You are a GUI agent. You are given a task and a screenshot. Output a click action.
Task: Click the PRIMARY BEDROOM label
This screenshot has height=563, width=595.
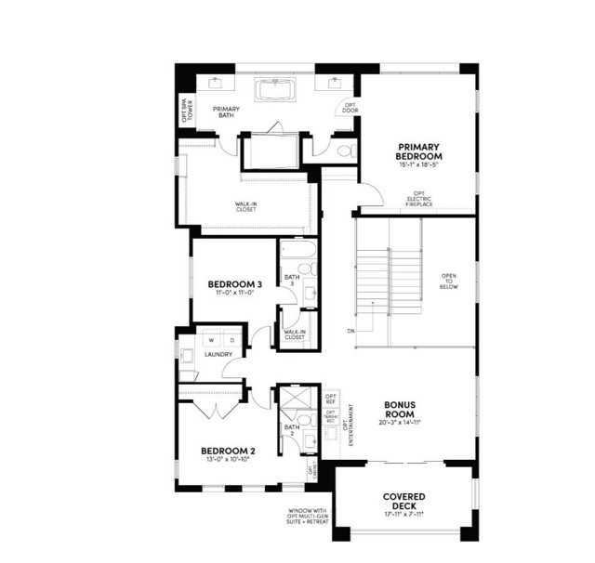click(x=418, y=151)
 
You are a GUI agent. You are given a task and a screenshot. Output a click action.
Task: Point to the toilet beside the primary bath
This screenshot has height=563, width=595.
click(x=344, y=149)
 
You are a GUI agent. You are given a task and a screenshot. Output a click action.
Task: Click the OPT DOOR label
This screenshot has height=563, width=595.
click(x=350, y=108)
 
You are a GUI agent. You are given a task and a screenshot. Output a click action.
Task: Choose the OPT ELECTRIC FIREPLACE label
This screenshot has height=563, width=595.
click(x=418, y=198)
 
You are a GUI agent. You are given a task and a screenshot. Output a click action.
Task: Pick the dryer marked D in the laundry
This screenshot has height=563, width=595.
click(x=231, y=339)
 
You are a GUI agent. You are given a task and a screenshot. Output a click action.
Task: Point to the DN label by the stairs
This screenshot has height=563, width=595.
click(x=350, y=331)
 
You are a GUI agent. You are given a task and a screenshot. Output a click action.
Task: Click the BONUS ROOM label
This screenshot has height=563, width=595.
click(x=405, y=411)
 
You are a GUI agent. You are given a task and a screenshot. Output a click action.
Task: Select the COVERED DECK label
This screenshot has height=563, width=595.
click(x=403, y=501)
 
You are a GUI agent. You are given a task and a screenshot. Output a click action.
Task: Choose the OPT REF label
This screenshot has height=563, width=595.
click(x=330, y=399)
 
